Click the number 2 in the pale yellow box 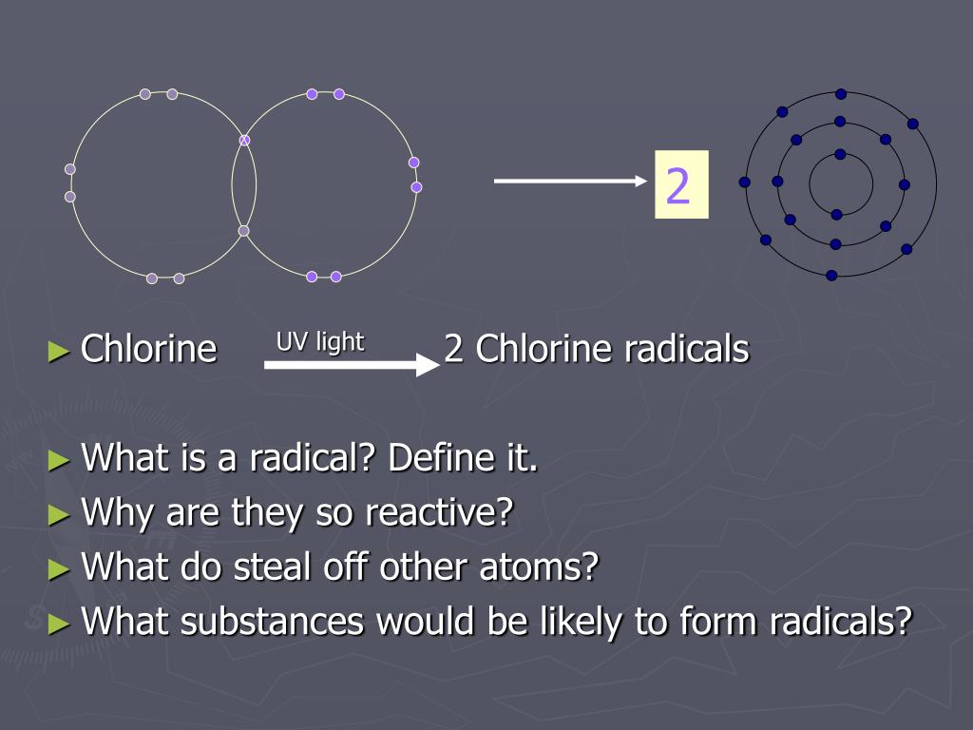pos(677,185)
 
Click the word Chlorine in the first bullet pos(149,349)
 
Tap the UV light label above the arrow pos(320,342)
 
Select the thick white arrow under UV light pos(352,364)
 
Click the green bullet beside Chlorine pos(59,351)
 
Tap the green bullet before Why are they pos(59,515)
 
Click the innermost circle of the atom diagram pos(841,184)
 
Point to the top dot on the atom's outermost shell pos(841,94)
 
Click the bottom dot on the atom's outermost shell pos(831,276)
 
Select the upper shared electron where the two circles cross pos(244,141)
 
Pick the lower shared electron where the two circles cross pos(243,231)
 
